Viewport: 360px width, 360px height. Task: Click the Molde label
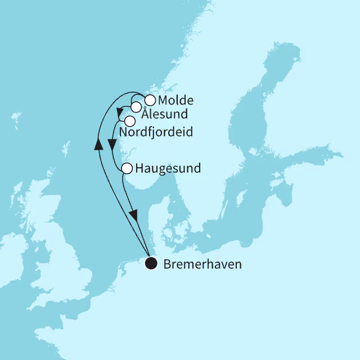point(175,101)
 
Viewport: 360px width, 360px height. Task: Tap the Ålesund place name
point(164,114)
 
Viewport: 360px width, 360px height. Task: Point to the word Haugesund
point(168,168)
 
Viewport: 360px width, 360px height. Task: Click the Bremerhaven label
point(202,264)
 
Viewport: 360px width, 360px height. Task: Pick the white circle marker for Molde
point(150,101)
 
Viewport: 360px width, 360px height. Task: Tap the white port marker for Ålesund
point(136,107)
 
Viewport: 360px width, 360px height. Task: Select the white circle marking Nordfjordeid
point(130,121)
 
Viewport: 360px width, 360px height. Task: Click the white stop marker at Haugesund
point(127,168)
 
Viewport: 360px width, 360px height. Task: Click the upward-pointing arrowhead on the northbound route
point(98,144)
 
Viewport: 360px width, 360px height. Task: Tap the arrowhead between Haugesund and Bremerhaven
point(134,214)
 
